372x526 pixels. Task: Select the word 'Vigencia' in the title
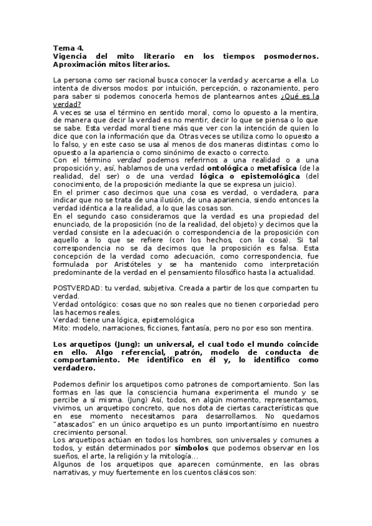73,56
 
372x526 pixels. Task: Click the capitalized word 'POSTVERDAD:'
78,288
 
